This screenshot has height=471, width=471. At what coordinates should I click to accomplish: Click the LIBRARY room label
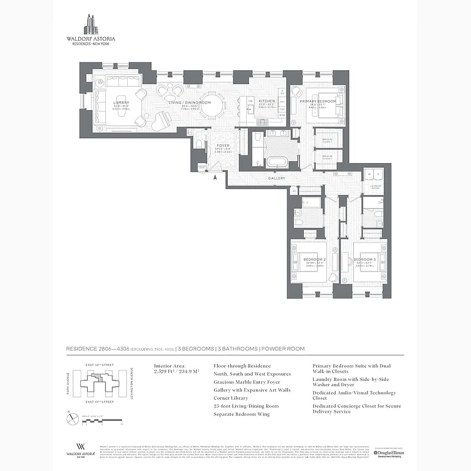coord(121,102)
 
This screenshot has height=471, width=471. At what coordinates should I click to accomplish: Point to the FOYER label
coord(223,145)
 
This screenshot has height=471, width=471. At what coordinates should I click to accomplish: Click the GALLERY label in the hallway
coord(277,178)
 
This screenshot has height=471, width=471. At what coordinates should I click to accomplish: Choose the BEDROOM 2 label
coord(314,259)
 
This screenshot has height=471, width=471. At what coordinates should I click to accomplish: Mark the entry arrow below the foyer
coord(215,176)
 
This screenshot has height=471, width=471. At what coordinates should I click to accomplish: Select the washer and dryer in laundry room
coord(372,175)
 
